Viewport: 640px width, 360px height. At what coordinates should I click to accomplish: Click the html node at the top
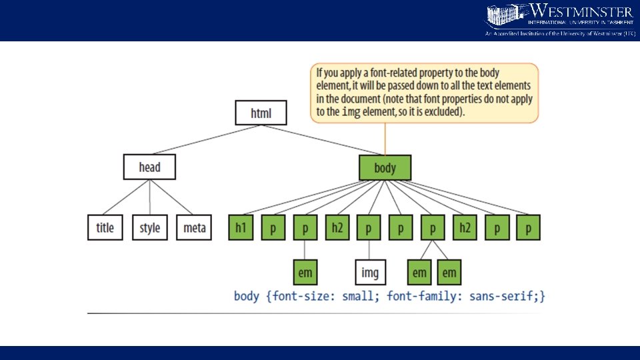tap(261, 113)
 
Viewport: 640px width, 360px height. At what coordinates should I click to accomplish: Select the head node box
tap(149, 167)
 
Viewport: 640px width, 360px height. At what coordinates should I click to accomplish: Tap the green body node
tap(385, 168)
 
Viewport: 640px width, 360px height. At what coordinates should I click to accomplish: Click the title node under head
tap(105, 228)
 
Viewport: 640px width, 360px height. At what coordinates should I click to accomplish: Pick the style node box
tap(149, 228)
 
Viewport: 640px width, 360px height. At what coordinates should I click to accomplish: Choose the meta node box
tap(194, 228)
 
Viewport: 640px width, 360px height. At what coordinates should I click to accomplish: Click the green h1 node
tap(241, 228)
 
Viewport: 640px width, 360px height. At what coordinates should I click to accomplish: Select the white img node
tap(369, 273)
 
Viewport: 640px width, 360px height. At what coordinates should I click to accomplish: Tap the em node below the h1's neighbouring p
tap(305, 273)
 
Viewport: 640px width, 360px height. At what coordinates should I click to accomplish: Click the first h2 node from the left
tap(337, 228)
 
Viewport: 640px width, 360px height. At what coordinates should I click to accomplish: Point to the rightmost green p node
tap(528, 228)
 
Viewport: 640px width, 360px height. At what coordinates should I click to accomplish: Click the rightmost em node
tap(449, 273)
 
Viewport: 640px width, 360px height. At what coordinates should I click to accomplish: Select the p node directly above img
tap(369, 228)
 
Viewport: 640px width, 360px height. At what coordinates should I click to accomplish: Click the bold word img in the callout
tap(351, 112)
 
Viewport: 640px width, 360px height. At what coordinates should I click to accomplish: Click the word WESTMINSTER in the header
tap(581, 11)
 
